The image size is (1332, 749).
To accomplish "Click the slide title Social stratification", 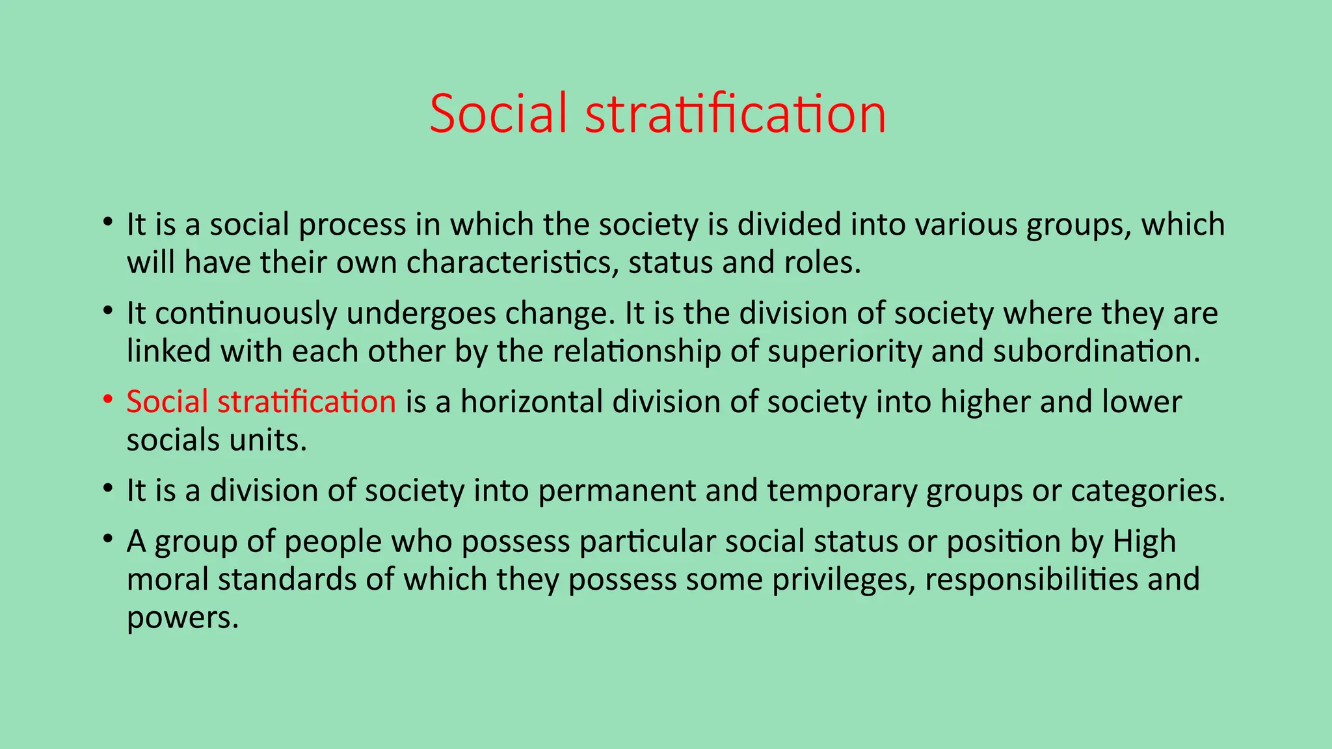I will [658, 113].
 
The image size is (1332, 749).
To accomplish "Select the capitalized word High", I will [1144, 541].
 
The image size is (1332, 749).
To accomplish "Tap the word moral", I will [167, 579].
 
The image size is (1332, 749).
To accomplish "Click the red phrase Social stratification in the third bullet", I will [261, 401].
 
